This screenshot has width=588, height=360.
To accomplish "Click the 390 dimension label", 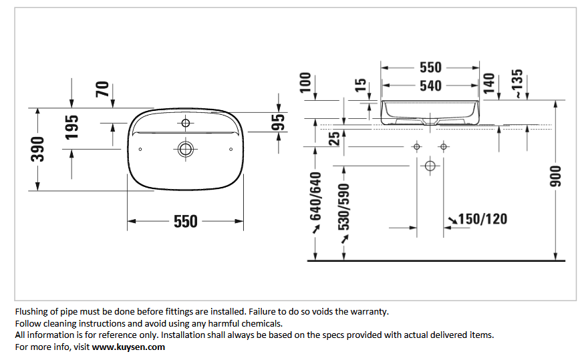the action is (37, 149).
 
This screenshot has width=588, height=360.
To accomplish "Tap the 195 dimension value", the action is (72, 128).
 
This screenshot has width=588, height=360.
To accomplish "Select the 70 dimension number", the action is (102, 89).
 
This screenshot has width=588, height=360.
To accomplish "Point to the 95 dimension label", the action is (278, 122).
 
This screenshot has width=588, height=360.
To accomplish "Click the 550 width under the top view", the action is (186, 221).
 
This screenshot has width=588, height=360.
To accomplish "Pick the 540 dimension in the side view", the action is (430, 86).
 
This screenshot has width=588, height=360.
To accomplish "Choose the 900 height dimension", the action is (555, 176).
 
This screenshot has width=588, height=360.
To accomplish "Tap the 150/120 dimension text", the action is (482, 219).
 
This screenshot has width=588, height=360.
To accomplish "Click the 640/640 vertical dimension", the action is (316, 196).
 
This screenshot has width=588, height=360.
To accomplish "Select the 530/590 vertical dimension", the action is (344, 207).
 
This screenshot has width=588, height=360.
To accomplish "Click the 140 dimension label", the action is (489, 83).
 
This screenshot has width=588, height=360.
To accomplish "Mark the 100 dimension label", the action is (305, 83).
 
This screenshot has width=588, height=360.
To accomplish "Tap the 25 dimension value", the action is (334, 138).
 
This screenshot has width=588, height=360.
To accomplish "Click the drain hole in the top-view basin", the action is (186, 149).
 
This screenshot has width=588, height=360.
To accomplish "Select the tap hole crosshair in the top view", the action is (186, 123).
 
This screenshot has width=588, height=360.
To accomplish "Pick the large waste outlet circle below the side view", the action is (430, 166).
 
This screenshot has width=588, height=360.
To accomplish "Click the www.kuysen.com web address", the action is (128, 347).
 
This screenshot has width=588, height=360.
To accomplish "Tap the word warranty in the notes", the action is (369, 312).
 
